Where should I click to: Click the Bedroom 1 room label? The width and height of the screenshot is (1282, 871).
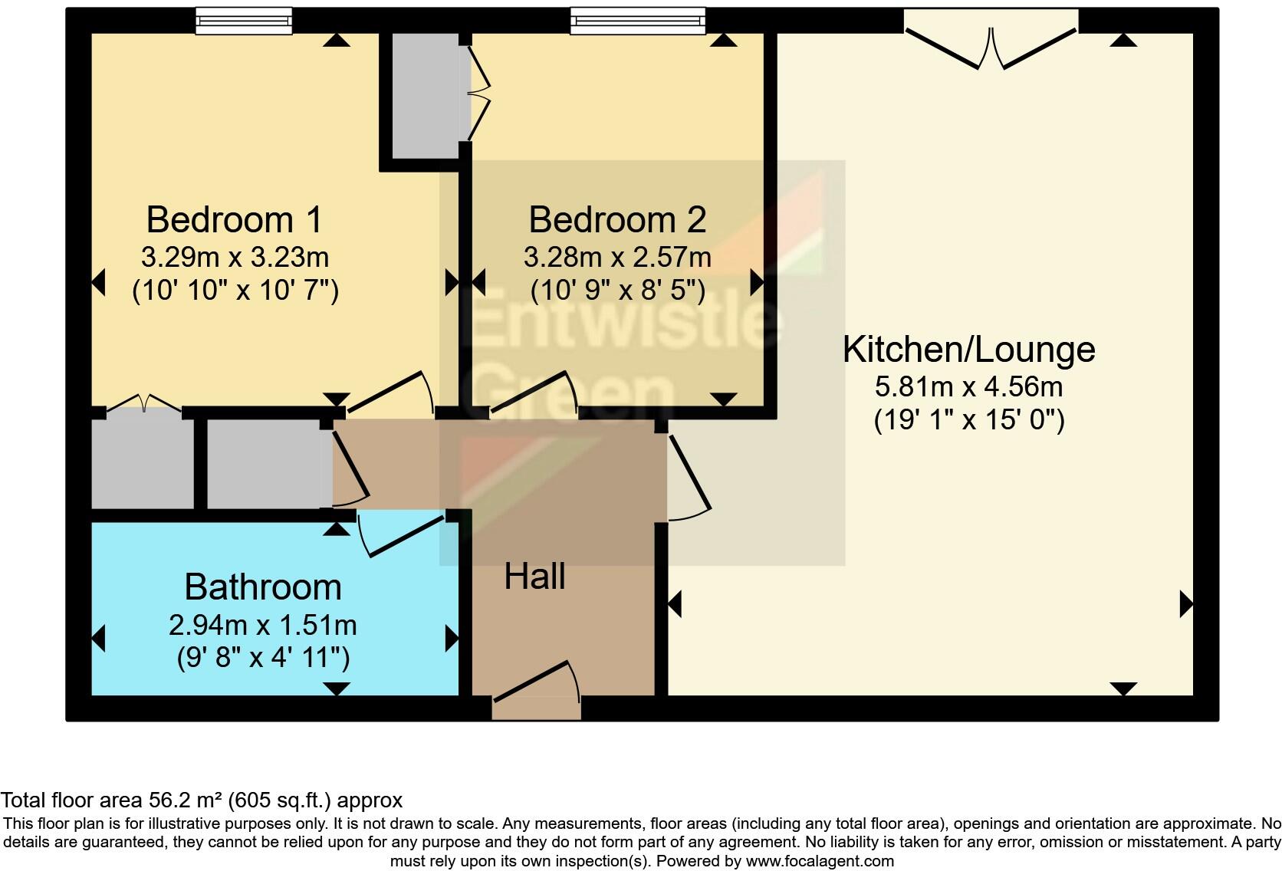click(234, 220)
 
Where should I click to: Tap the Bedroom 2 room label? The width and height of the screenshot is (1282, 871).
click(616, 220)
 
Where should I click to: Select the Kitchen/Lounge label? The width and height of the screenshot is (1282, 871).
click(968, 350)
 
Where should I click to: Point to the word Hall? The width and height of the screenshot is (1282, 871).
click(534, 577)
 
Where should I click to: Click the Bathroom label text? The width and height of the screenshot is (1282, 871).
click(263, 587)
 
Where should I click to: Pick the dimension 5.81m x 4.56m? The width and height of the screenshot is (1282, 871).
click(968, 386)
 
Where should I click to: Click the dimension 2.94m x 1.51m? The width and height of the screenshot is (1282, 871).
click(263, 626)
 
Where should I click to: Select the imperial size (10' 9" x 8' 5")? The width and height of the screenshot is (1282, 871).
click(617, 290)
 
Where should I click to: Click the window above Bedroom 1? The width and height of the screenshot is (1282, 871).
click(243, 21)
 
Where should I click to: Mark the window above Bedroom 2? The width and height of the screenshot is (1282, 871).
click(637, 21)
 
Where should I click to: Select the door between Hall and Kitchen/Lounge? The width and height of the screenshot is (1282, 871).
click(689, 477)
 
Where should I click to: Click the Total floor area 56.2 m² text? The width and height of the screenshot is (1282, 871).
click(201, 800)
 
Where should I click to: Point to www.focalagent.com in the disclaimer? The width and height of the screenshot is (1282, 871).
click(819, 860)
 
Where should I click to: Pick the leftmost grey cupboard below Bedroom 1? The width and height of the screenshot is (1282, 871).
click(143, 463)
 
